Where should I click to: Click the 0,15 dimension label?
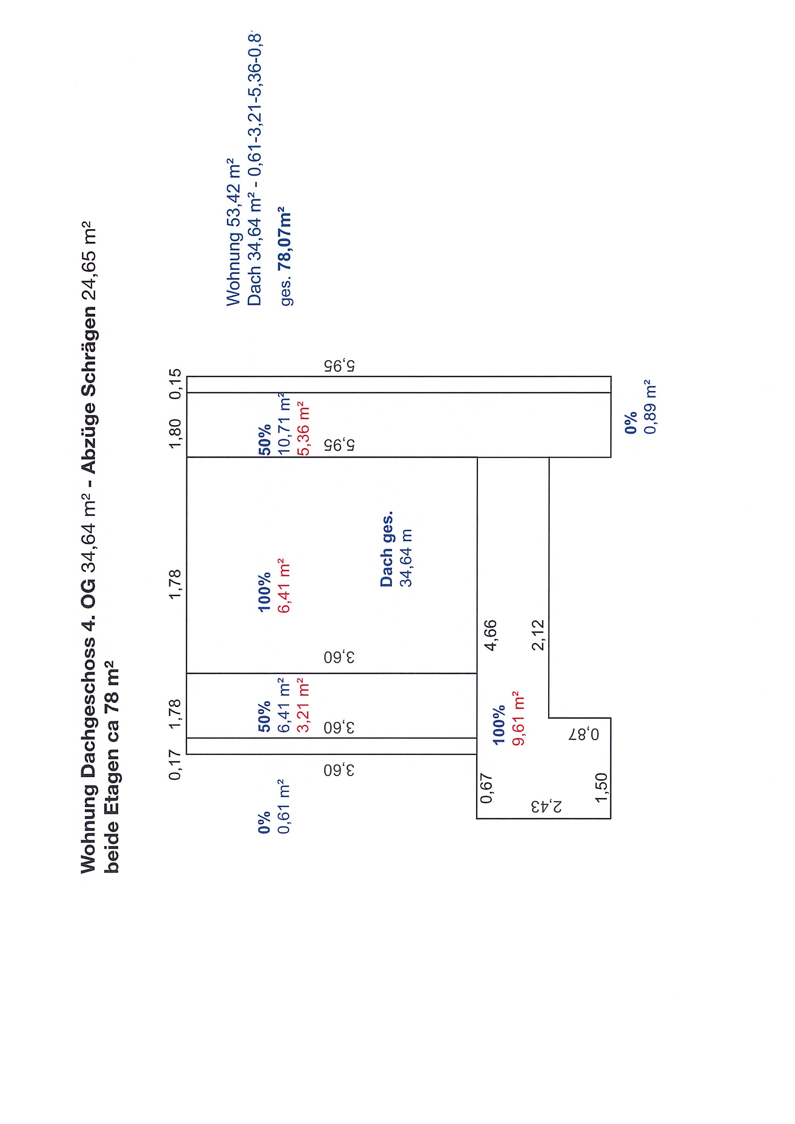(175, 384)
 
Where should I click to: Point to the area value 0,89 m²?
(650, 407)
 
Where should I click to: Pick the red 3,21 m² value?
(303, 706)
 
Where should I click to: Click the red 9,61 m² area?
(518, 718)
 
